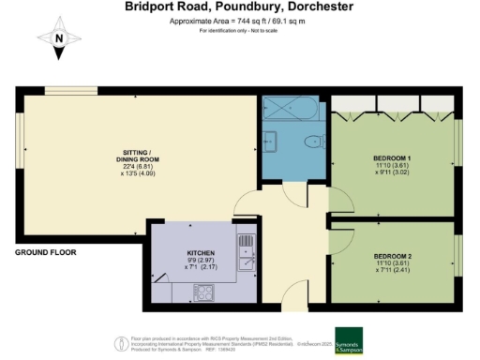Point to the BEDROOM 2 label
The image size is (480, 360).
click(x=393, y=256)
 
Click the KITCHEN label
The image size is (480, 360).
click(x=202, y=254)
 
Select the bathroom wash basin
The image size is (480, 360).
click(x=271, y=142)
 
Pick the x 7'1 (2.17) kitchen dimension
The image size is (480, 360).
click(x=202, y=269)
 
